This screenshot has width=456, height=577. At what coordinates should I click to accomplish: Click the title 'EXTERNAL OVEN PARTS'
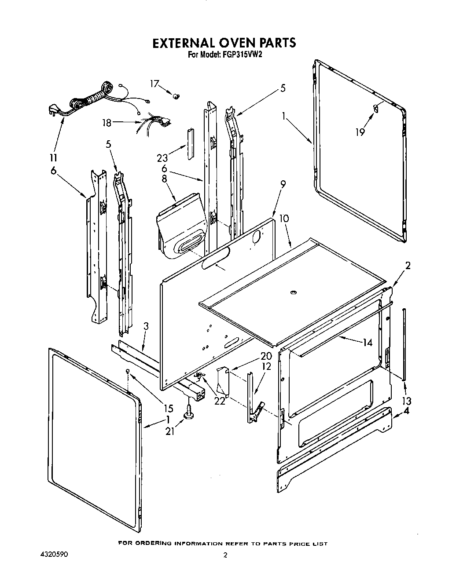224,43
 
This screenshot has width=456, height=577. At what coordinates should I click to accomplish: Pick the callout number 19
360,131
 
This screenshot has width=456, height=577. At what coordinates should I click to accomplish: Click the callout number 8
165,179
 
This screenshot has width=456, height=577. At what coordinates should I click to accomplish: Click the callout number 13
406,401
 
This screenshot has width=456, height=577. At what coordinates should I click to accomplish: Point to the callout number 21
170,431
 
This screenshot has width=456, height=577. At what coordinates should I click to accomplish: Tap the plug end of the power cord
54,112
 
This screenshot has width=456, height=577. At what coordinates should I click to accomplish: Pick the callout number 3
146,326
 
